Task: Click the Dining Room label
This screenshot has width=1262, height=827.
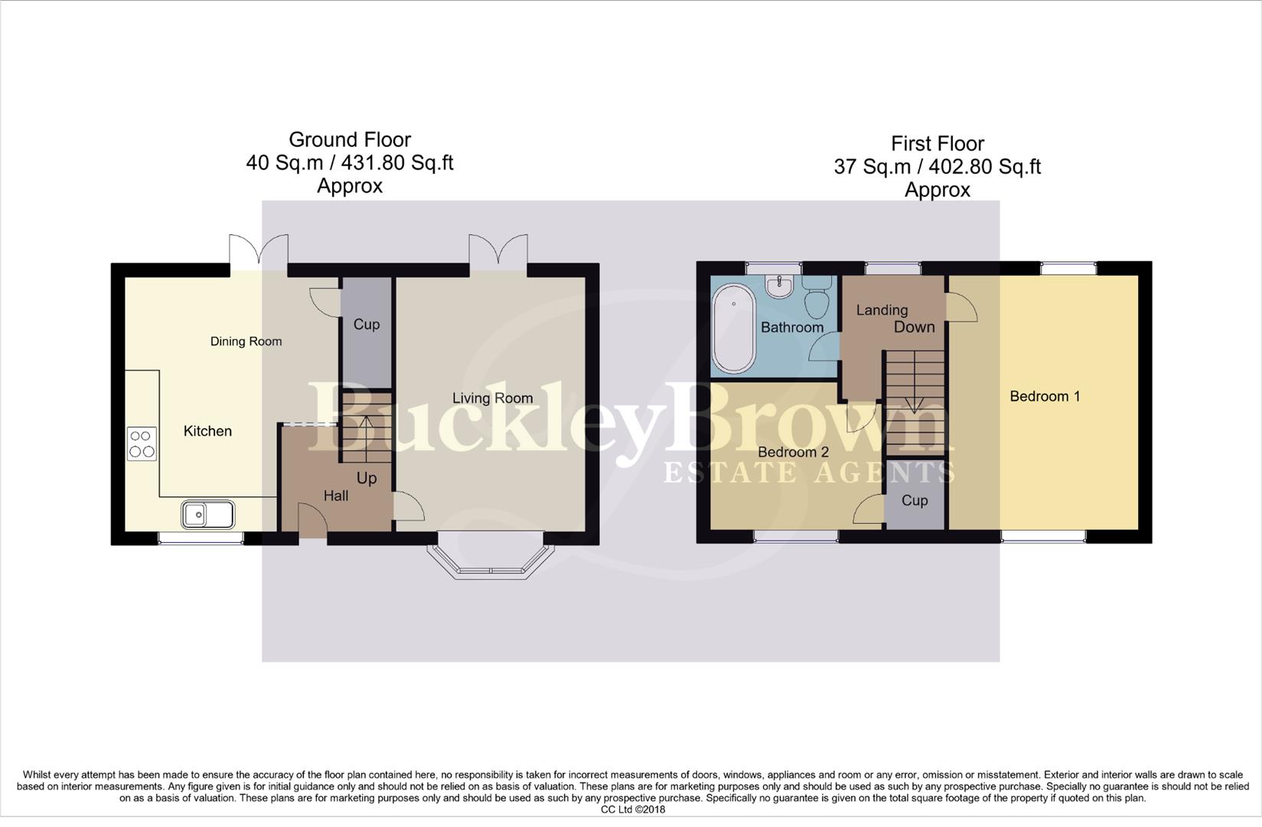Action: click(x=246, y=342)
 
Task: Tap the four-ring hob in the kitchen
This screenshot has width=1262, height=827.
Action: click(x=142, y=443)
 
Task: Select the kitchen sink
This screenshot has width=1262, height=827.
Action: click(x=207, y=515)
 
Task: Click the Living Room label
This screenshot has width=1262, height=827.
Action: click(x=492, y=398)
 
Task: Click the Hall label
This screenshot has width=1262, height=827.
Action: click(x=335, y=496)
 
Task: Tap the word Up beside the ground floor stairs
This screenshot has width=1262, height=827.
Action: click(x=367, y=479)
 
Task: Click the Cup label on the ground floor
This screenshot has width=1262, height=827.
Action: click(x=366, y=325)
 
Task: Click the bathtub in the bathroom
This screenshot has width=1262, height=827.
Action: click(x=733, y=328)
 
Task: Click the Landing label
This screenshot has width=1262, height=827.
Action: click(x=882, y=310)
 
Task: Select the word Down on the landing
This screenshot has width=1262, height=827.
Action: click(x=915, y=327)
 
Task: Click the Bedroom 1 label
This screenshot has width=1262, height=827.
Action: click(x=1045, y=397)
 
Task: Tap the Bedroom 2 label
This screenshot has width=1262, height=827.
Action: click(x=793, y=453)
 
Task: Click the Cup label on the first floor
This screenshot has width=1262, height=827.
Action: click(x=915, y=501)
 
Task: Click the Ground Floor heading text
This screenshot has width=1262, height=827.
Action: click(x=350, y=140)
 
